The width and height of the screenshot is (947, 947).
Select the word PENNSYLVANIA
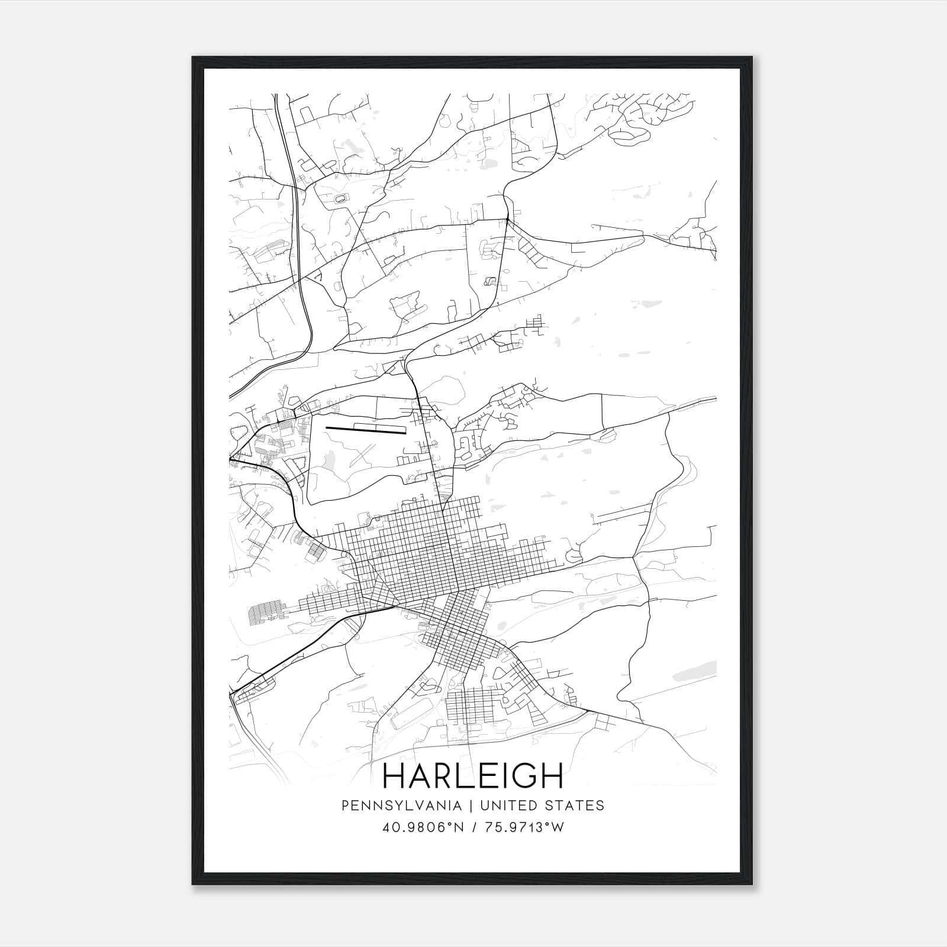coord(393,806)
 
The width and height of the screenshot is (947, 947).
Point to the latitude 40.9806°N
coord(423,827)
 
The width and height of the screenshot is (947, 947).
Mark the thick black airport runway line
coord(366,430)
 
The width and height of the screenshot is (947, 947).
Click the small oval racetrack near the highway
coord(342,199)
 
